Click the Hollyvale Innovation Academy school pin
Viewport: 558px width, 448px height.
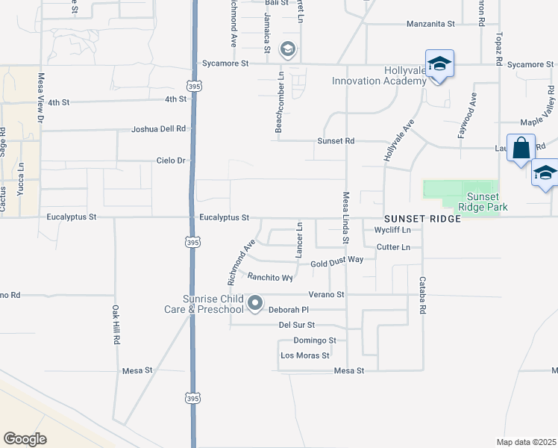tap(439, 64)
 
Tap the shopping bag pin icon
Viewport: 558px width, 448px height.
tap(521, 148)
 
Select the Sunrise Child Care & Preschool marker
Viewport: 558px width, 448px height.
tap(255, 303)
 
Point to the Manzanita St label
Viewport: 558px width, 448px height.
tap(430, 24)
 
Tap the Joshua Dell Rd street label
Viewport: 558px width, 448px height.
tap(158, 128)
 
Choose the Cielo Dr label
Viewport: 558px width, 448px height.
tap(170, 161)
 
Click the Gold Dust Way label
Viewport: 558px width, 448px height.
tap(336, 263)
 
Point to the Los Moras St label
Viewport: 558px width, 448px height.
tap(304, 355)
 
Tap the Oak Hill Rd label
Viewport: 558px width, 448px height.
tap(116, 323)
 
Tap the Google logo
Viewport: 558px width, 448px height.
tap(25, 439)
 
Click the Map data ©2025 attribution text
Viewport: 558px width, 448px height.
tap(526, 442)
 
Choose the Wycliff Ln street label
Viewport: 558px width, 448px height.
tap(392, 230)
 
